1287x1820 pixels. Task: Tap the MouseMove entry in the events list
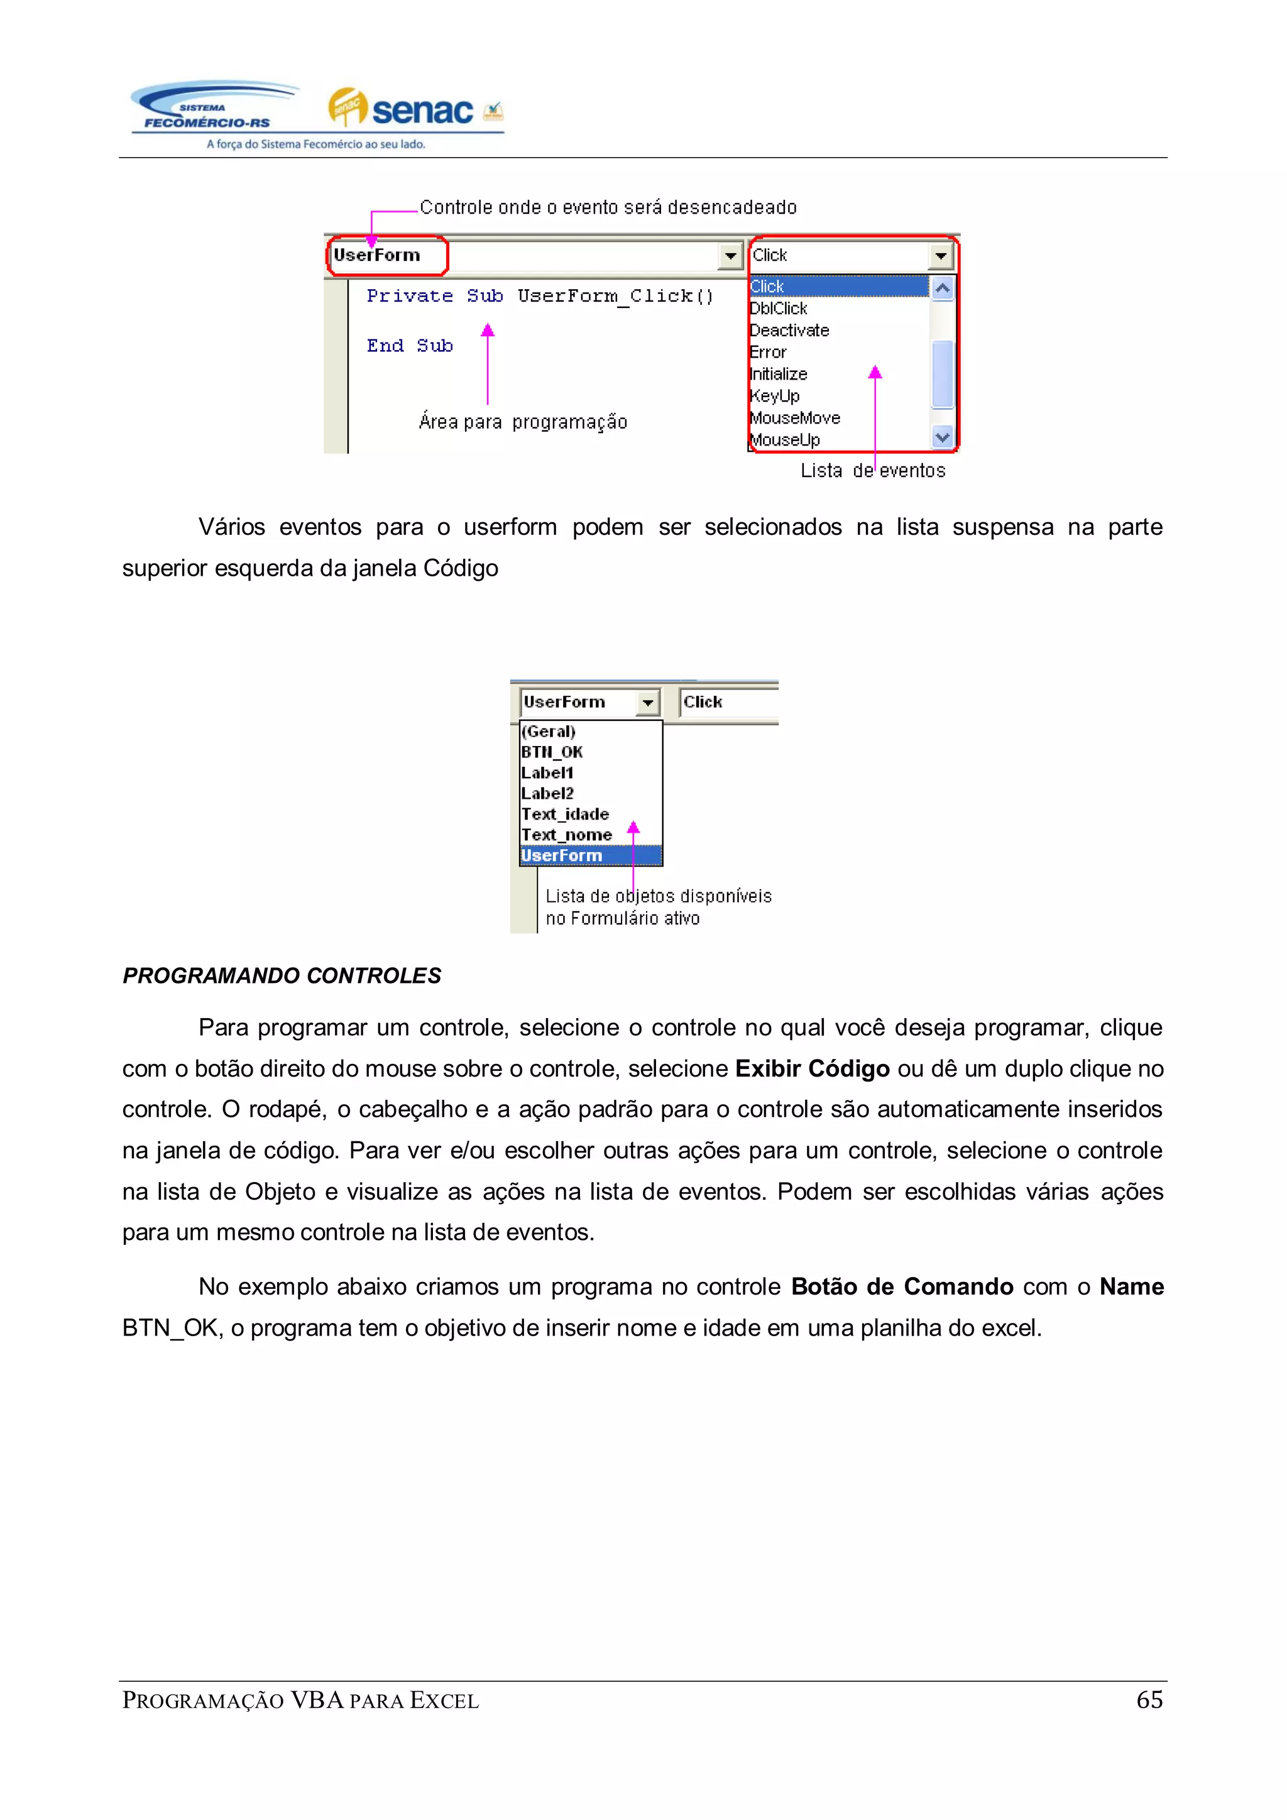[795, 418]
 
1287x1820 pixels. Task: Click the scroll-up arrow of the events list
[942, 288]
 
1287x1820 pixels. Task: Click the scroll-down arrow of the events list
[942, 437]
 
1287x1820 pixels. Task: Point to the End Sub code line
[410, 346]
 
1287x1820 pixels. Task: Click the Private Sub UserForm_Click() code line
[540, 297]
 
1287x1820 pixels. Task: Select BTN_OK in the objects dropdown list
[552, 752]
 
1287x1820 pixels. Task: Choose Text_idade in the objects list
[565, 814]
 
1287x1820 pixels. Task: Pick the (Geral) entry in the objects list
[549, 732]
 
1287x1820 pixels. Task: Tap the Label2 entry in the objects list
[547, 794]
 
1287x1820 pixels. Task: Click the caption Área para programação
[523, 422]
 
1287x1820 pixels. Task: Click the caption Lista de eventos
[872, 471]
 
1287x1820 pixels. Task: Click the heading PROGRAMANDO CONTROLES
[282, 976]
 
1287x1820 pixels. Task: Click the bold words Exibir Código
[813, 1068]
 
